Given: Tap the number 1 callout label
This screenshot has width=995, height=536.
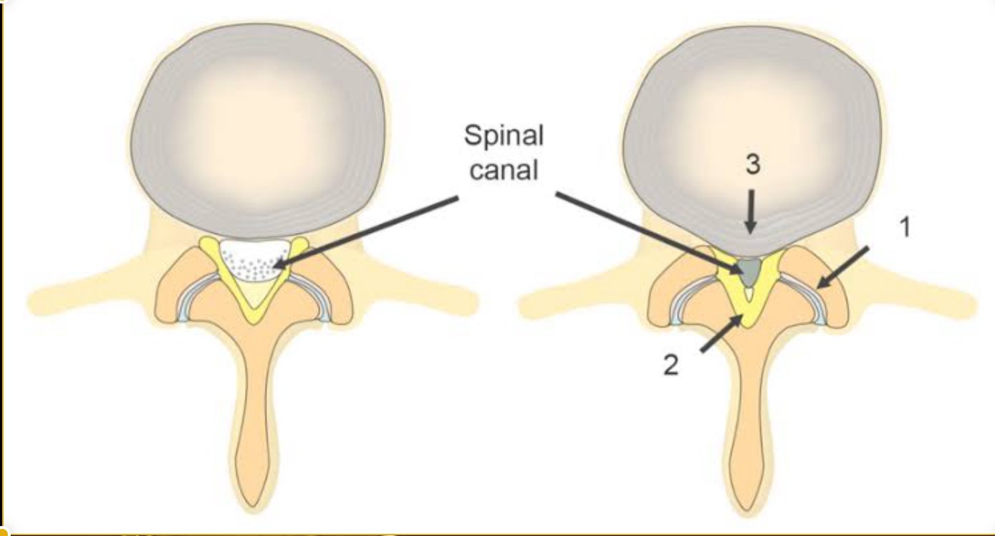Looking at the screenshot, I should pyautogui.click(x=905, y=228).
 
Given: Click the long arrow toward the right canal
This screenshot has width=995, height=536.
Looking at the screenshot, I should pyautogui.click(x=645, y=231).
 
